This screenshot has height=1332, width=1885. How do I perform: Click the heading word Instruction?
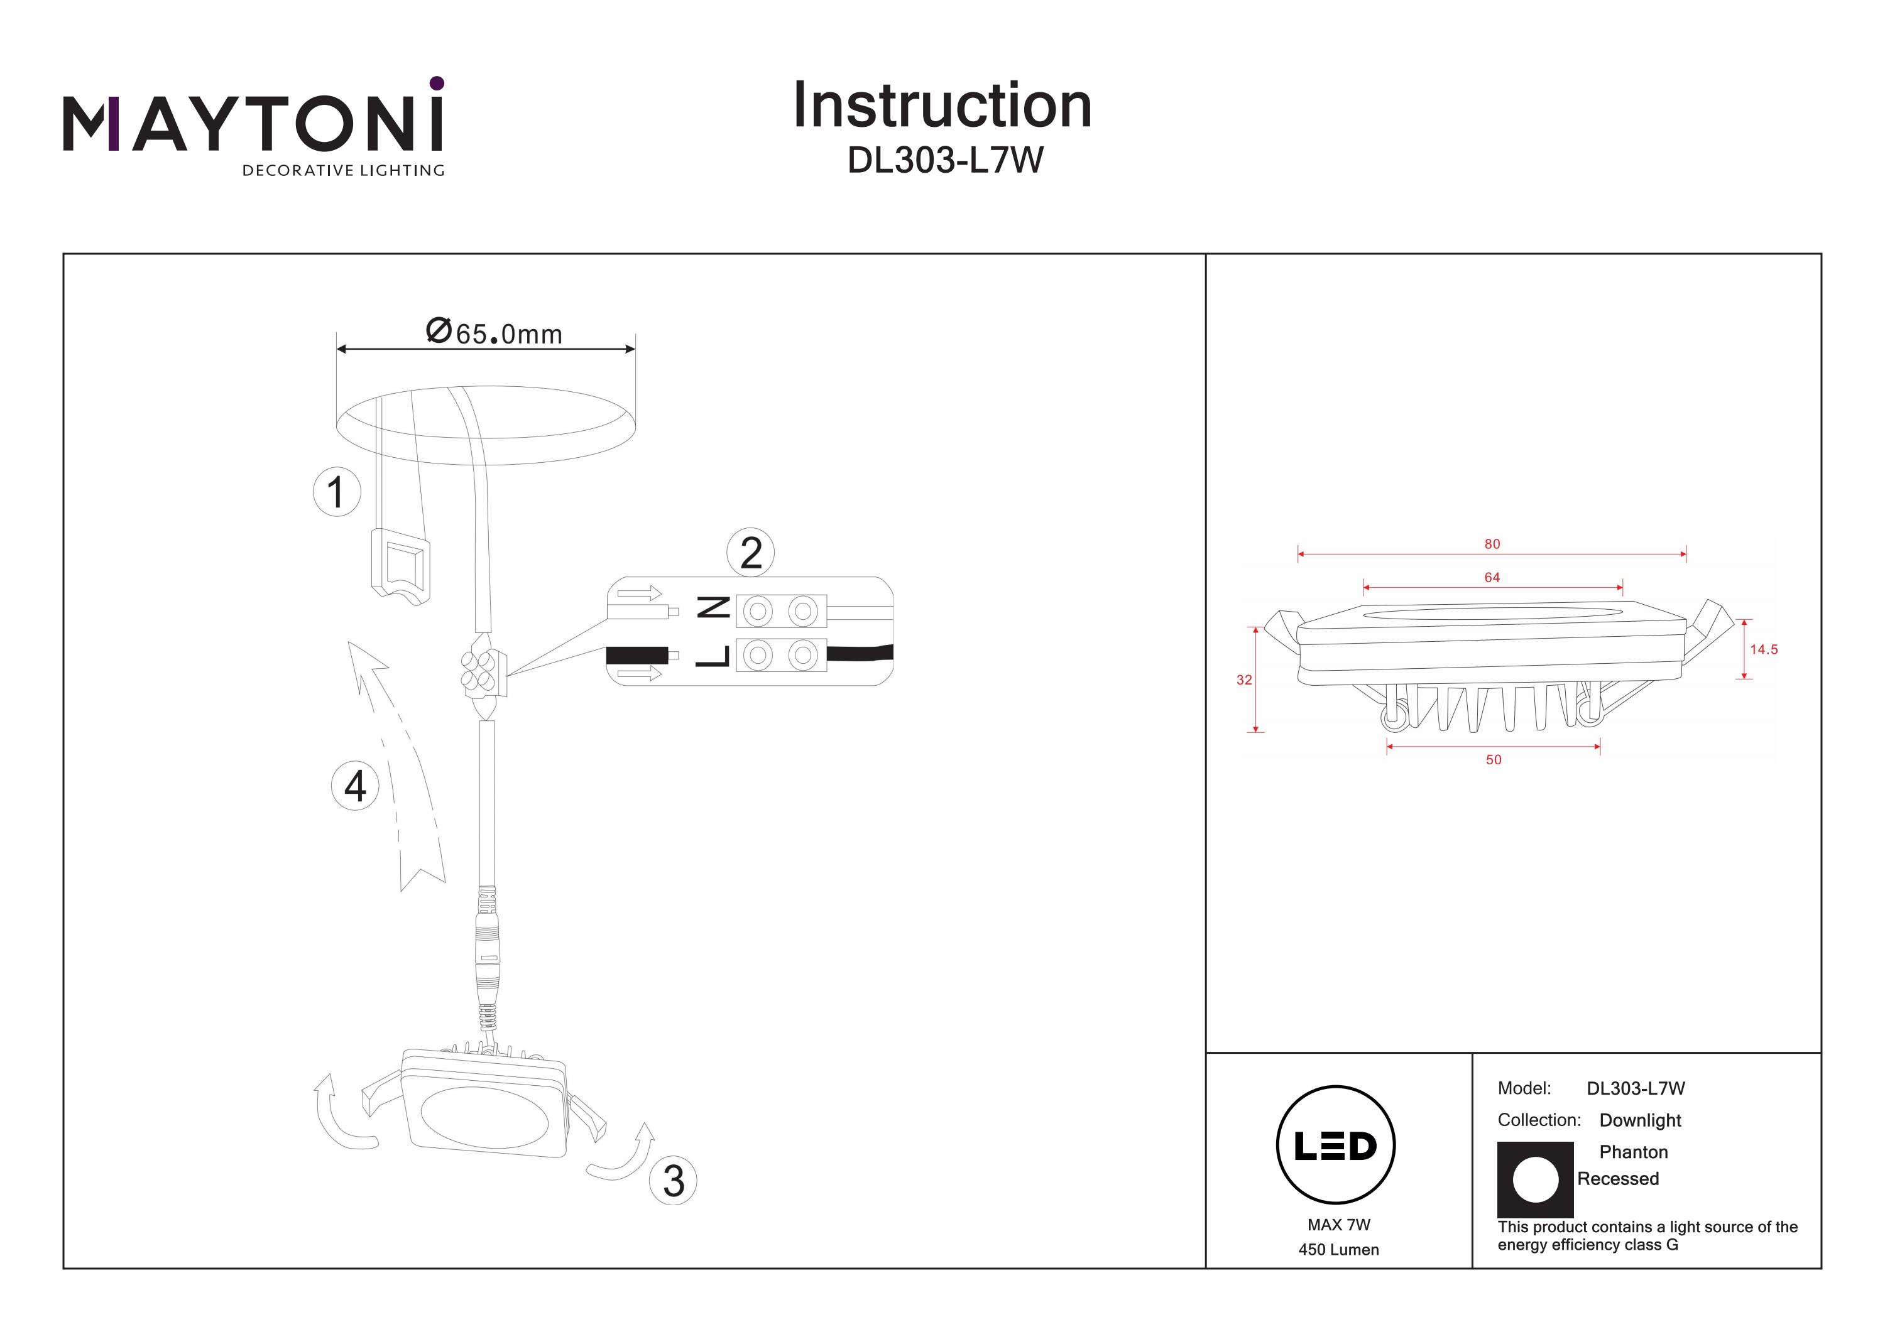point(942,106)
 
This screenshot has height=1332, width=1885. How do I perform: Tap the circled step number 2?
point(750,553)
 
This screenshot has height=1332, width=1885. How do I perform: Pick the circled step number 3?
point(673,1181)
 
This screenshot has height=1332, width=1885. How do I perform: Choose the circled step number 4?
point(354,786)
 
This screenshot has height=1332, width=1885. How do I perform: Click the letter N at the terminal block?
point(713,608)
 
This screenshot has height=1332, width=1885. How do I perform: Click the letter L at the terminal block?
point(713,655)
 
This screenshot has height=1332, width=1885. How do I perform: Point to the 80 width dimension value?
point(1492,544)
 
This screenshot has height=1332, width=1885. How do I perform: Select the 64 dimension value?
point(1492,578)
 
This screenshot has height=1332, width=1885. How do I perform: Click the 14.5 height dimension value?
point(1764,649)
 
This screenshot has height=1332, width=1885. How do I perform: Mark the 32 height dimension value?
point(1244,680)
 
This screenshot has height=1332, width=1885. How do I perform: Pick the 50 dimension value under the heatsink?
point(1494,760)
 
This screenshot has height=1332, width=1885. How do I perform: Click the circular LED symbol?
point(1336,1145)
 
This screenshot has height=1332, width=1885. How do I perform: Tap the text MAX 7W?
point(1339,1225)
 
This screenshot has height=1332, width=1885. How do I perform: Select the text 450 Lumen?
point(1338,1250)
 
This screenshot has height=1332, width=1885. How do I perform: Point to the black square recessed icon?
point(1535,1179)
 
